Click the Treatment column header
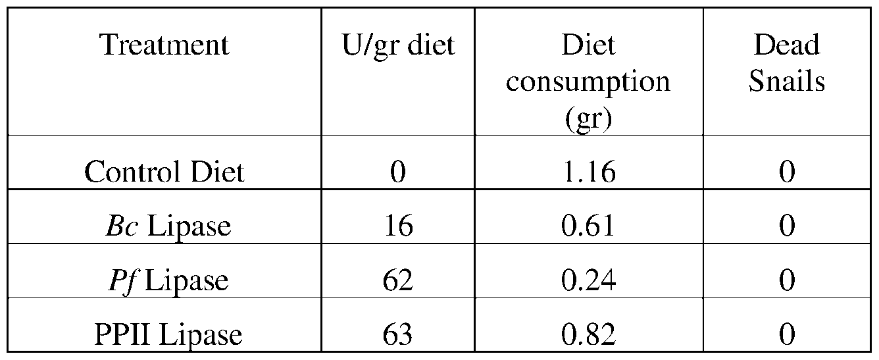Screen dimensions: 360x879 (x=164, y=45)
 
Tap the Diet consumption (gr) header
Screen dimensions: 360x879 (x=588, y=82)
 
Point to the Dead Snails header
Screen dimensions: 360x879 (x=787, y=64)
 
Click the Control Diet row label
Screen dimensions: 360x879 (x=164, y=172)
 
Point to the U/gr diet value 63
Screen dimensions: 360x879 (x=397, y=334)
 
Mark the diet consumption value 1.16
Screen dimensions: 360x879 (x=588, y=172)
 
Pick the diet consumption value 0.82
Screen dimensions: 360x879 (x=588, y=334)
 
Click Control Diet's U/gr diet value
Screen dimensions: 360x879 (x=397, y=172)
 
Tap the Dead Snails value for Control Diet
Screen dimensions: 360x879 (x=787, y=172)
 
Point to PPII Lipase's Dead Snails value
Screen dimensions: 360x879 (x=787, y=334)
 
